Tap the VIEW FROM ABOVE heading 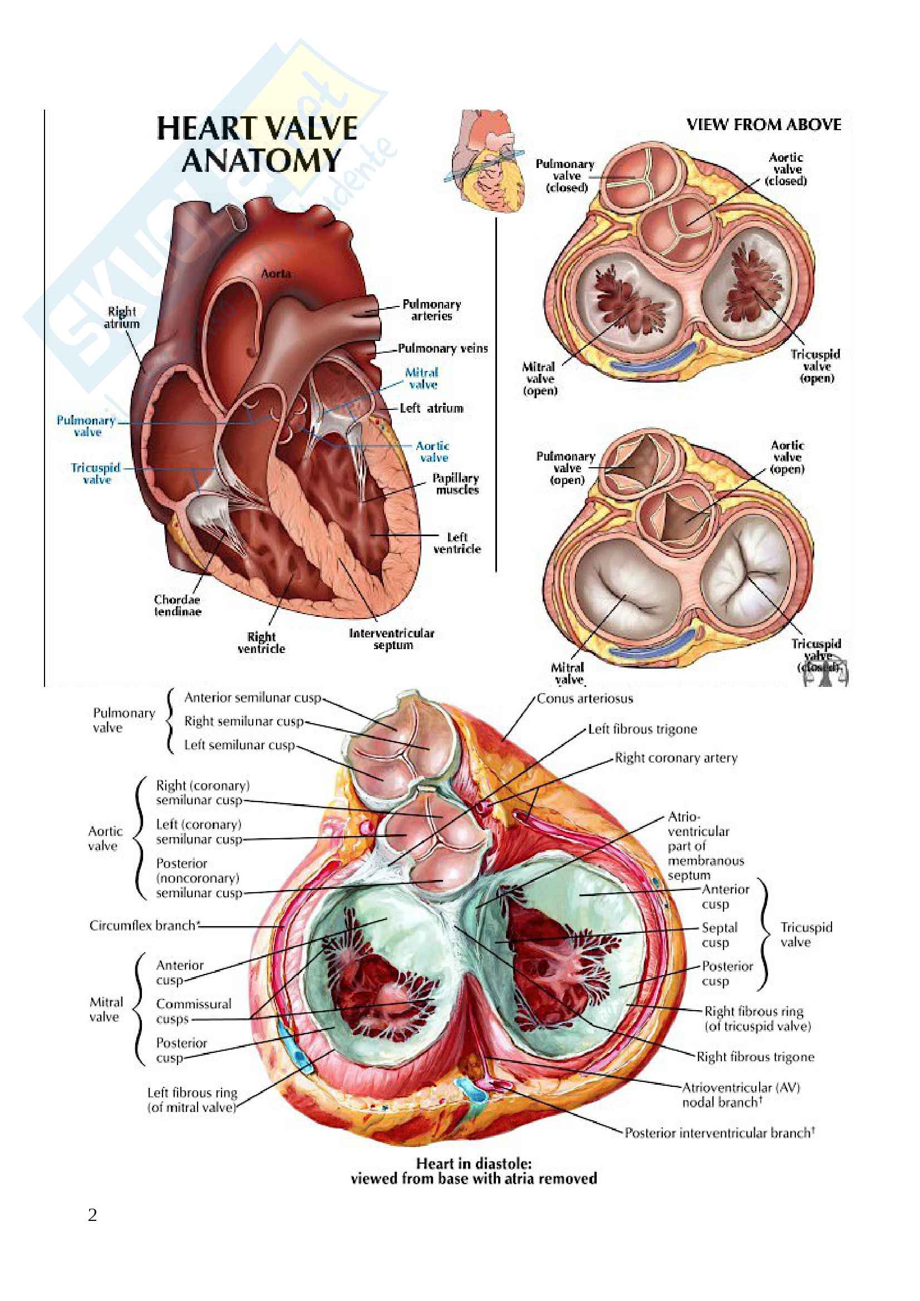pos(764,125)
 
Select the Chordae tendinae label pos(178,605)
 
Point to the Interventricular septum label pos(392,639)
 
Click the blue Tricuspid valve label pos(96,473)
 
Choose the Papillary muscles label pos(456,483)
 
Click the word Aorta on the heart pos(276,274)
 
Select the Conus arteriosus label pos(584,698)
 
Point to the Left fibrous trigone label pos(642,729)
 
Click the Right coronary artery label pos(676,758)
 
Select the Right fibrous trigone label pos(755,1056)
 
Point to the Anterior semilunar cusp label pos(253,698)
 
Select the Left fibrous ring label pos(192,1099)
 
